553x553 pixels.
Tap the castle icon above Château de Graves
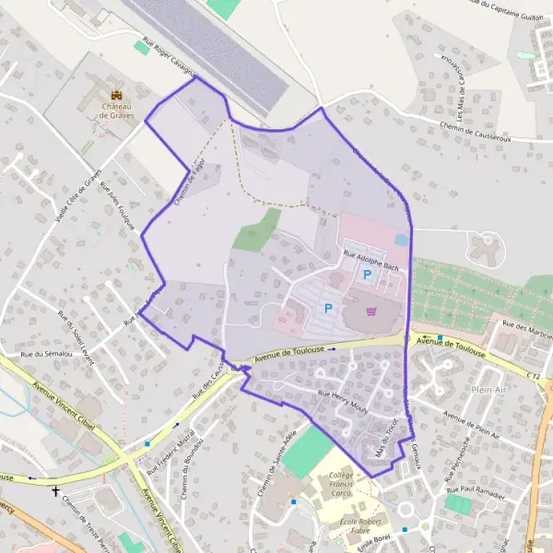tap(117, 94)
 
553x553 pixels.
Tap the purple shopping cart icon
tap(371, 311)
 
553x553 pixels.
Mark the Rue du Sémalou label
tap(45, 355)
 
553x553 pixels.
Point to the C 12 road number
tap(535, 376)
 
